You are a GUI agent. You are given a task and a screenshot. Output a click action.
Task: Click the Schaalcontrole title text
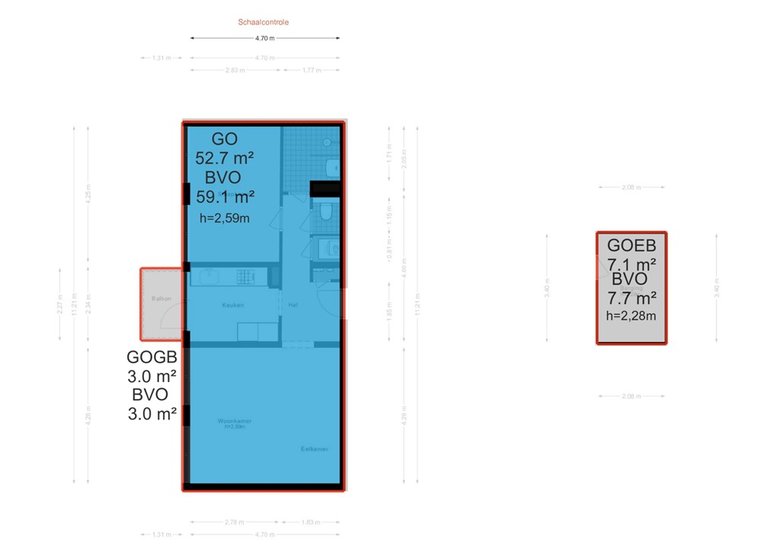[263, 22]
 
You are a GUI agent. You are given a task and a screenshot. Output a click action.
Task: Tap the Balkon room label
[161, 299]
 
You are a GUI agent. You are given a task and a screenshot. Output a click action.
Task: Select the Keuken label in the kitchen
[232, 305]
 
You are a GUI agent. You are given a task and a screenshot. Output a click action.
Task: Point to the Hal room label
[293, 305]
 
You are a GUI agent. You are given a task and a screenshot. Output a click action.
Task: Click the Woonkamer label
[234, 420]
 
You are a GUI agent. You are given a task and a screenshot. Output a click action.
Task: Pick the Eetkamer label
[314, 449]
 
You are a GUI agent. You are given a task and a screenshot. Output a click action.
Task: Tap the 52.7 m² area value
[224, 158]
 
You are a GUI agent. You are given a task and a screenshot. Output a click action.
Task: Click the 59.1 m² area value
[225, 197]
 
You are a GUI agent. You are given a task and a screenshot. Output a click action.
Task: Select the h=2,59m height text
[224, 218]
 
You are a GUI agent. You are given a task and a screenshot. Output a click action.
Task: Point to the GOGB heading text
[152, 358]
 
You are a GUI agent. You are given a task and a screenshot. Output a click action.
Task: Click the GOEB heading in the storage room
[631, 246]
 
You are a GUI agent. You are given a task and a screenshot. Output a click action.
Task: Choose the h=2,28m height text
[631, 316]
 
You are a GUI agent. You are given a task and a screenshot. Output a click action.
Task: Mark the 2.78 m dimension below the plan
[235, 522]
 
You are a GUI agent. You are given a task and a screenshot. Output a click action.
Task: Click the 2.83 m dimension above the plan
[236, 70]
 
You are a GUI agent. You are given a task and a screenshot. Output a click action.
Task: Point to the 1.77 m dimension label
[311, 70]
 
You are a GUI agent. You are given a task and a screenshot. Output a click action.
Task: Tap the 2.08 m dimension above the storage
[631, 187]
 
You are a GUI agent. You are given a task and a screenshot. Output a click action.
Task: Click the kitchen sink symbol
[205, 277]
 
